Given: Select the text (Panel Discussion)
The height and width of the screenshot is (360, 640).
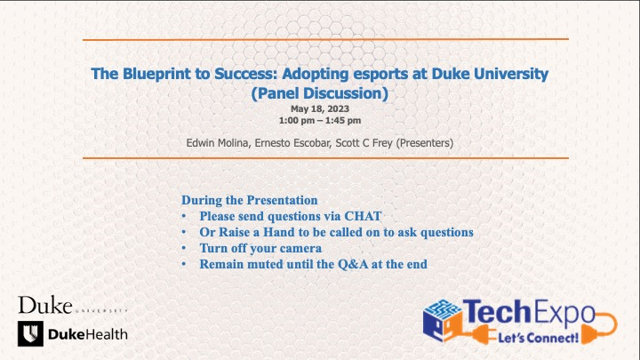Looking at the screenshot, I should [x=321, y=91].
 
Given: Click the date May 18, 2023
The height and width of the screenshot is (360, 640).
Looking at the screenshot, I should [x=321, y=108].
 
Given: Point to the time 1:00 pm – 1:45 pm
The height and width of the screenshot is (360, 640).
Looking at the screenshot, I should [x=321, y=118].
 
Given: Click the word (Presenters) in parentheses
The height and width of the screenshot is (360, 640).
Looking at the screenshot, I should [x=430, y=142].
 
